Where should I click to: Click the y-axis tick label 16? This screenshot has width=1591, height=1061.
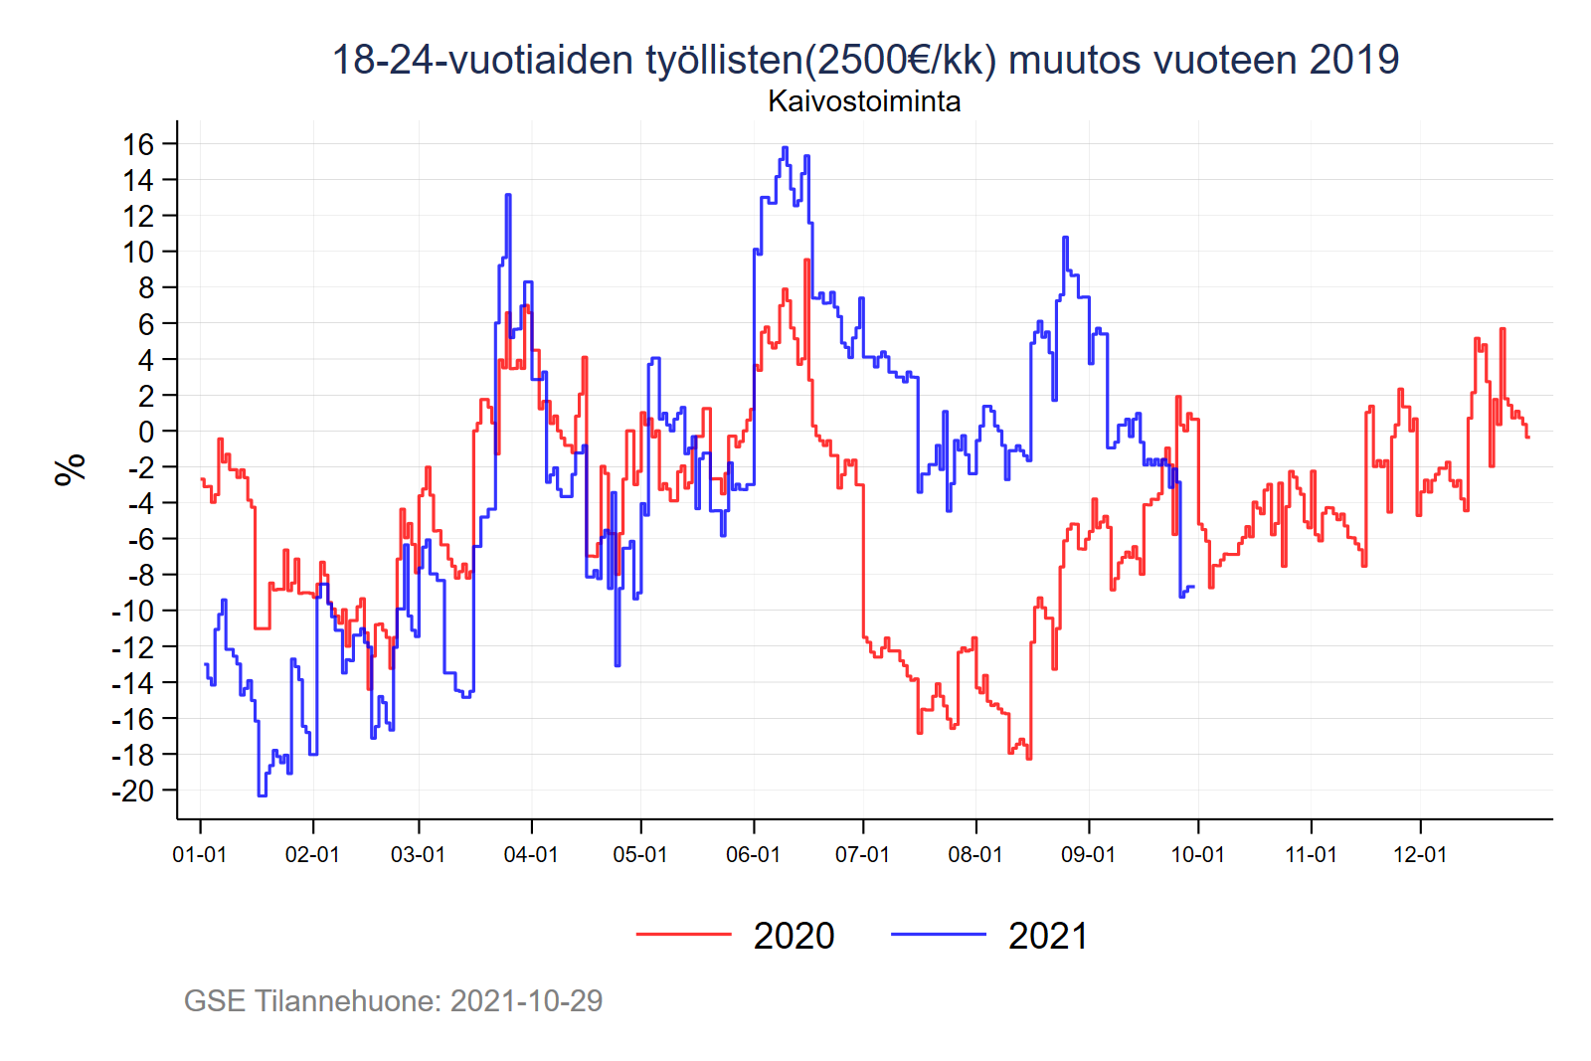coord(138,144)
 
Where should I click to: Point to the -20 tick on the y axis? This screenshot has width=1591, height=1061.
coord(132,792)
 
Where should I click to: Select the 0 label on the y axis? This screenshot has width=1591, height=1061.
coord(146,432)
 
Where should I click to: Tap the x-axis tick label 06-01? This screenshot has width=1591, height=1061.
coord(753,855)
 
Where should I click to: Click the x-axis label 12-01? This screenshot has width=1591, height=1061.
coord(1420,855)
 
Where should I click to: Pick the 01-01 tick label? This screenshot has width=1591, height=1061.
coord(200,855)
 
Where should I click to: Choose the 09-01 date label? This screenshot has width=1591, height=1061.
coord(1089,855)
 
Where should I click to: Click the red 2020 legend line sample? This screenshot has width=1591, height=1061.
coord(683,935)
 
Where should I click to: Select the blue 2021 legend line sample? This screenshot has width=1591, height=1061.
coord(938,935)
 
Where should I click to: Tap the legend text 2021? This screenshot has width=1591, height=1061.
coord(1048,937)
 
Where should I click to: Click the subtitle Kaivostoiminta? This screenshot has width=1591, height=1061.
coord(864,101)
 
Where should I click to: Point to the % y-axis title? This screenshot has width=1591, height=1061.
coord(71,468)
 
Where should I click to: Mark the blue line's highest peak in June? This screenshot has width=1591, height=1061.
coord(785,148)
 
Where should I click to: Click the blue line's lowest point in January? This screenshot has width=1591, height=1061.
coord(262,795)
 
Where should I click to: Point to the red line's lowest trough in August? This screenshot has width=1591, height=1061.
coord(1028,758)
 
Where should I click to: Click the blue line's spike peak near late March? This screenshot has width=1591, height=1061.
coord(508,195)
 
